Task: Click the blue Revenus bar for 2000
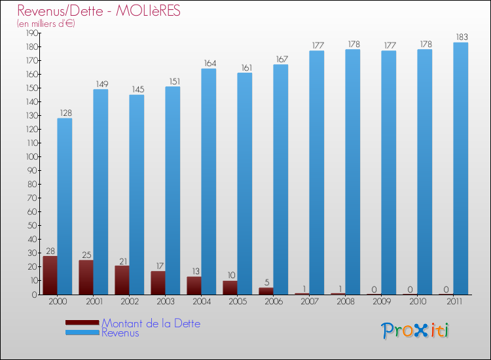65,206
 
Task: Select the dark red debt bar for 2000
50,275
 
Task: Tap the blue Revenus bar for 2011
461,168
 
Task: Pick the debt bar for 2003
158,283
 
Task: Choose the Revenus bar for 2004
209,181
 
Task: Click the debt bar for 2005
230,287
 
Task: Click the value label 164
209,63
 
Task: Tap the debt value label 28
50,251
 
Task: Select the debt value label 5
266,283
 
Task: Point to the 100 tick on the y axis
30,156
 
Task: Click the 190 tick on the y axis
30,33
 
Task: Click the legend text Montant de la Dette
151,323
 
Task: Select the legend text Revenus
120,333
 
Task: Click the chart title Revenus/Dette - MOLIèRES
99,11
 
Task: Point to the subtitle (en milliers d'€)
46,24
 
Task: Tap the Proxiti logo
415,331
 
